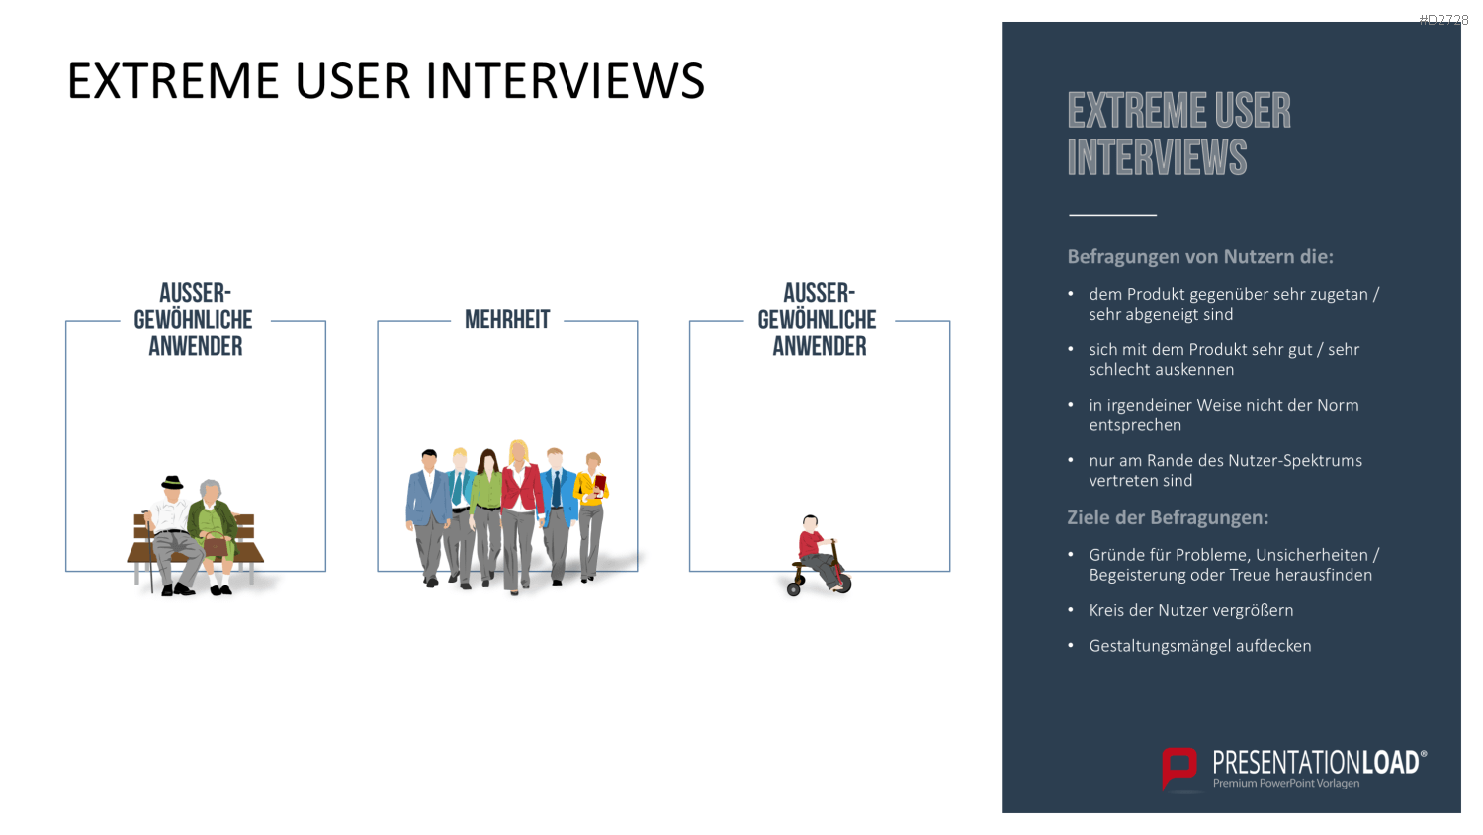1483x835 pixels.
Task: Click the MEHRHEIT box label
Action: [x=507, y=320]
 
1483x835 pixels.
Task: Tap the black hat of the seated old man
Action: [x=172, y=483]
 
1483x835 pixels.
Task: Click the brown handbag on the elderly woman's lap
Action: [x=216, y=545]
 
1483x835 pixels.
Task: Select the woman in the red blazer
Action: [x=520, y=514]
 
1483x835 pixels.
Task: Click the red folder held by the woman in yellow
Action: [x=600, y=485]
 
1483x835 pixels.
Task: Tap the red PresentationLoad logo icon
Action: [x=1179, y=769]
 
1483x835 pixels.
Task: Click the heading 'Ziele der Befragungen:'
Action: [x=1168, y=517]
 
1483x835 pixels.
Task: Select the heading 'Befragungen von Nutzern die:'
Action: [x=1199, y=256]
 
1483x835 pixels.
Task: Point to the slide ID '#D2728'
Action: [x=1443, y=19]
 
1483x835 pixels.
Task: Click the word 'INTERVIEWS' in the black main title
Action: [x=565, y=81]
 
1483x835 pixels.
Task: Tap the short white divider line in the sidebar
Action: [x=1112, y=215]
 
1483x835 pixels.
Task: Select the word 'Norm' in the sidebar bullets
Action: [x=1337, y=405]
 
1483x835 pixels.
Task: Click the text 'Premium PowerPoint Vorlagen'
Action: [x=1285, y=784]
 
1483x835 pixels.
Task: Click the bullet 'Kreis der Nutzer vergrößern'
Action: [x=1190, y=610]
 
